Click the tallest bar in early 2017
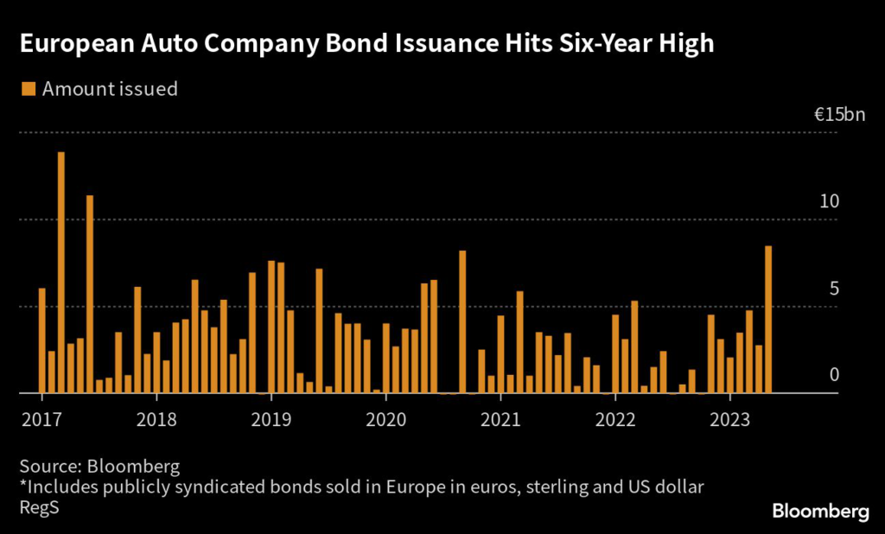click(x=61, y=272)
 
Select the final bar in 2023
click(x=767, y=320)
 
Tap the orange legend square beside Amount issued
click(x=28, y=88)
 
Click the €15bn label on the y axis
click(x=838, y=115)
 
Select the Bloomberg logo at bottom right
click(x=820, y=512)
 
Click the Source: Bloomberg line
click(x=99, y=467)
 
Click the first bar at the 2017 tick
click(x=41, y=340)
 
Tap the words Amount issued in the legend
click(x=110, y=88)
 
